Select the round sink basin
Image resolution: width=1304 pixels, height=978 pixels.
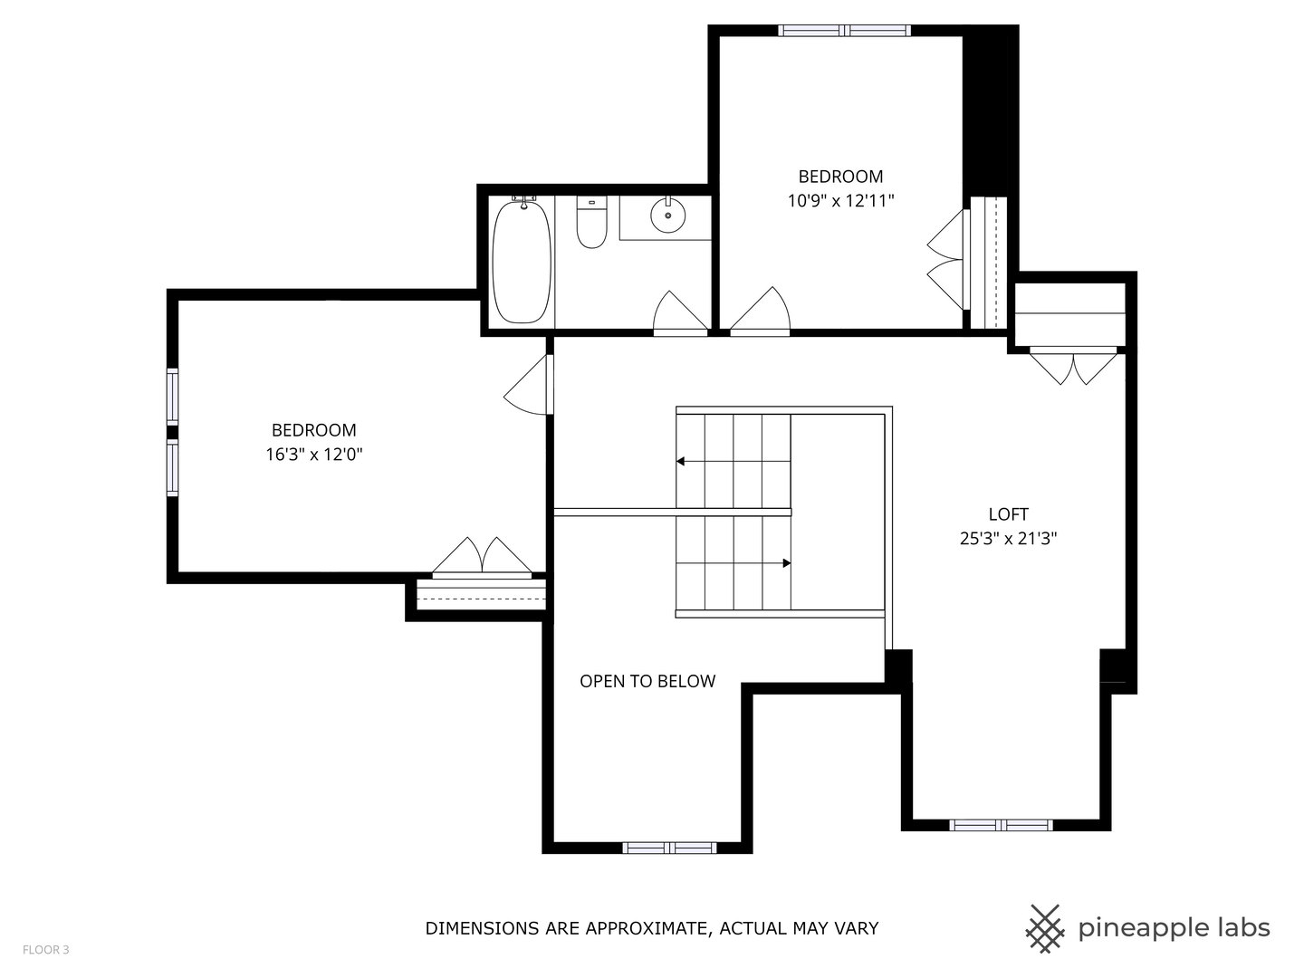pyautogui.click(x=667, y=215)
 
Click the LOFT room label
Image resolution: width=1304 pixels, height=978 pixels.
pyautogui.click(x=1008, y=514)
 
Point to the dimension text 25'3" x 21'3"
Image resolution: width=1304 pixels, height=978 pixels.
pyautogui.click(x=1008, y=539)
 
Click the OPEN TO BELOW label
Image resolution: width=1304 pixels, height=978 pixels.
pyautogui.click(x=647, y=681)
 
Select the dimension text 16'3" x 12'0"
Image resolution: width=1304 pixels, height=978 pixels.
pyautogui.click(x=314, y=455)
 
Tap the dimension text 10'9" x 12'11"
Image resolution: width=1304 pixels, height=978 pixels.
pyautogui.click(x=840, y=201)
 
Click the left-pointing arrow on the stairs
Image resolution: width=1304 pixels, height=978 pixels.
pyautogui.click(x=681, y=462)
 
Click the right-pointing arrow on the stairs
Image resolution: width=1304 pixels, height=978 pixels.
pyautogui.click(x=786, y=563)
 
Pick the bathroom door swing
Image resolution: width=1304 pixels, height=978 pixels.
pyautogui.click(x=679, y=312)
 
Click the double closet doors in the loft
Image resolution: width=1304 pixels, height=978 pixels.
pyautogui.click(x=1074, y=366)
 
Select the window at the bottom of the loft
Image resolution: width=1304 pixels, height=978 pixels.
pyautogui.click(x=1001, y=825)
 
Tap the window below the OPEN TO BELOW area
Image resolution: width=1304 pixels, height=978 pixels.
pyautogui.click(x=669, y=848)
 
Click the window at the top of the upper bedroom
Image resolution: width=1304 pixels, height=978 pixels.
pyautogui.click(x=845, y=31)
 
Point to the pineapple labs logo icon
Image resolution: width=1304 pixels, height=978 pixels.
pyautogui.click(x=1044, y=928)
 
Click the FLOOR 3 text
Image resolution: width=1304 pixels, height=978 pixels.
pyautogui.click(x=45, y=950)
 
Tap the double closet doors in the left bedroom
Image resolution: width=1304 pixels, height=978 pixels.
pyautogui.click(x=482, y=557)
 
